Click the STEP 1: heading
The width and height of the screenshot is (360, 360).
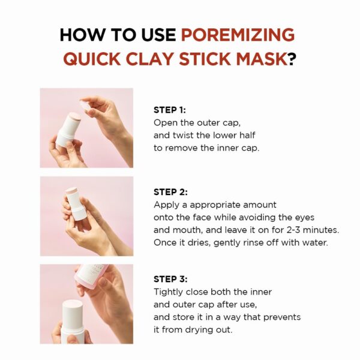pyautogui.click(x=170, y=110)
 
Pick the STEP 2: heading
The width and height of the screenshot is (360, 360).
pyautogui.click(x=170, y=192)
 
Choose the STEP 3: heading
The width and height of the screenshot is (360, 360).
pyautogui.click(x=170, y=279)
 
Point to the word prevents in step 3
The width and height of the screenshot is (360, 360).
pyautogui.click(x=281, y=317)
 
